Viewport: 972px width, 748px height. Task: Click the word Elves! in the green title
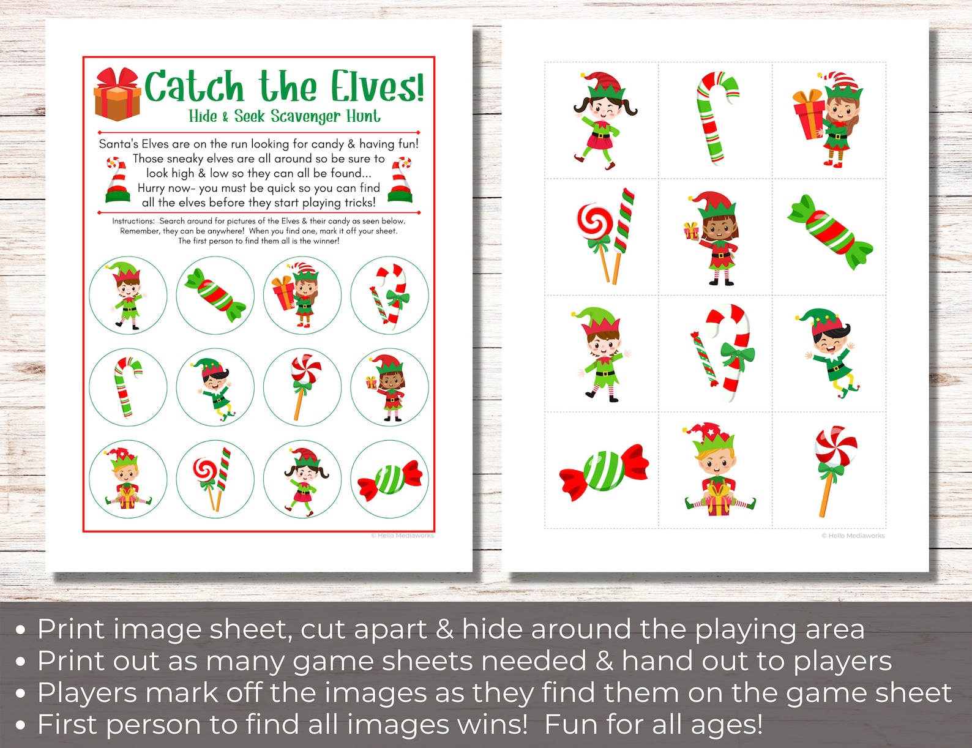[377, 87]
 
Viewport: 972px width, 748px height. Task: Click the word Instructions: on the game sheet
[133, 221]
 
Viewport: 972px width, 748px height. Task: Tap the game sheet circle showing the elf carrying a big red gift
[302, 295]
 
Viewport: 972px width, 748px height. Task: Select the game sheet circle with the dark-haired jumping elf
[215, 387]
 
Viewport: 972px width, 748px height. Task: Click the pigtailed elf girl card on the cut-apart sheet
[602, 120]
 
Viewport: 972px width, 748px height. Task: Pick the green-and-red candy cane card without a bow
[715, 120]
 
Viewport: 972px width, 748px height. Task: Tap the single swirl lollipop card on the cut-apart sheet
[829, 470]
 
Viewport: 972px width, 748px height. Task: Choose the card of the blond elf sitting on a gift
[715, 470]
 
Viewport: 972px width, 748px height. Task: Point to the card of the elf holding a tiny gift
[715, 237]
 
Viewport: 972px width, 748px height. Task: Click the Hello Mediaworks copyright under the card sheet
[853, 536]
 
